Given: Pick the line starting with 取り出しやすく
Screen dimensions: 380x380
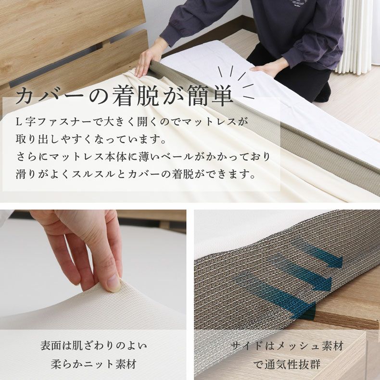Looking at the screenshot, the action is [x=91, y=139].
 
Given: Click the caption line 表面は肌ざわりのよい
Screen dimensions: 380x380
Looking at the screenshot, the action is [x=94, y=346].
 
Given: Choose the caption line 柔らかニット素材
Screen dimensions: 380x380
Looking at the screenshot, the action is [x=94, y=364].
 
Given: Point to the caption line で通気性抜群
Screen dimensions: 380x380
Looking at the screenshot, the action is [x=287, y=364].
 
